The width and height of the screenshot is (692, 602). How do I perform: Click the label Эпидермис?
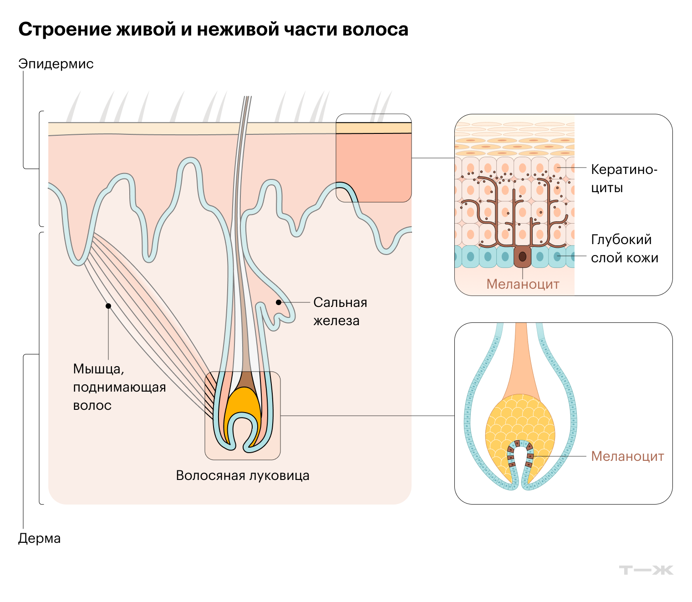[56, 64]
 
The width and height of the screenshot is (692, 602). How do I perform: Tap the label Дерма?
[39, 538]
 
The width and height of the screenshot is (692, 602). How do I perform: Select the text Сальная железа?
[340, 311]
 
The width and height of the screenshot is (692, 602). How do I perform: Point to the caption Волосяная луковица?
[243, 475]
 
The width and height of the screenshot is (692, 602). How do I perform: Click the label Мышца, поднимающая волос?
[119, 387]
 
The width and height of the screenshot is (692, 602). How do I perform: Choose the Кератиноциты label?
[624, 178]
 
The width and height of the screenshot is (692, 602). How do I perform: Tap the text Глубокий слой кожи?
[624, 249]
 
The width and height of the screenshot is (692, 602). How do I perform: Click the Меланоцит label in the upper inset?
[523, 284]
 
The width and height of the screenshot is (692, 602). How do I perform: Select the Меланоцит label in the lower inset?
[627, 456]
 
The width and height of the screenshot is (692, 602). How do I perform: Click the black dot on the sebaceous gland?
[278, 302]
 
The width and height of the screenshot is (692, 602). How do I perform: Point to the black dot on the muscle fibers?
[108, 306]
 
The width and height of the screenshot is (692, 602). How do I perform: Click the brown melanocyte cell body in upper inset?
[522, 257]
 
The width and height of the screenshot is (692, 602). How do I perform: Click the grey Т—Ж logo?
[646, 570]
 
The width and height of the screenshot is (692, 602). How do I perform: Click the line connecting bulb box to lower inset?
[367, 416]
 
